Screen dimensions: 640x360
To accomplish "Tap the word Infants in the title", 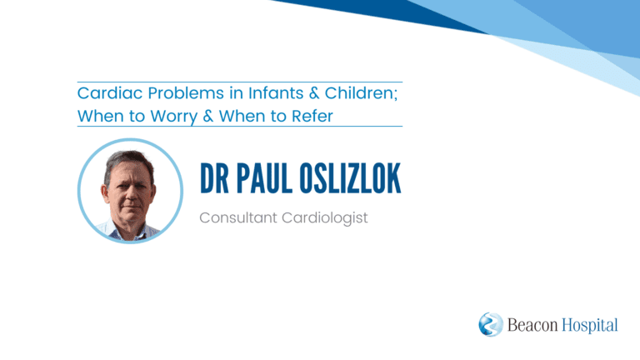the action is coord(276,93).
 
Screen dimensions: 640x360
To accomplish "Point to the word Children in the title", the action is coord(361,93).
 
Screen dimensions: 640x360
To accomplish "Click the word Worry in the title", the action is coord(174,117).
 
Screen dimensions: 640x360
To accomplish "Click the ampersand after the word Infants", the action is coord(314,93).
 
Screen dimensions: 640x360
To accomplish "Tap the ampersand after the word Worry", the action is coord(208,117).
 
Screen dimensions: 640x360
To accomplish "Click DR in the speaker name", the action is coord(214,178).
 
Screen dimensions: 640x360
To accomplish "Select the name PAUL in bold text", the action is coord(263,178).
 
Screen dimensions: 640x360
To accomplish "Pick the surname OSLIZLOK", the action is coord(350,178).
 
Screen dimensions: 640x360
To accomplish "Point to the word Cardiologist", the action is coord(325,218).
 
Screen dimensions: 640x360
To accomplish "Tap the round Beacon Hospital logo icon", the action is coord(491,324).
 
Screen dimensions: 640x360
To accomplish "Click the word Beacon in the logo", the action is coord(532,325).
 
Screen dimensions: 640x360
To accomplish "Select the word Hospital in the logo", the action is coord(590,326).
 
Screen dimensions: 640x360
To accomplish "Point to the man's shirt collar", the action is coord(132,232).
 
